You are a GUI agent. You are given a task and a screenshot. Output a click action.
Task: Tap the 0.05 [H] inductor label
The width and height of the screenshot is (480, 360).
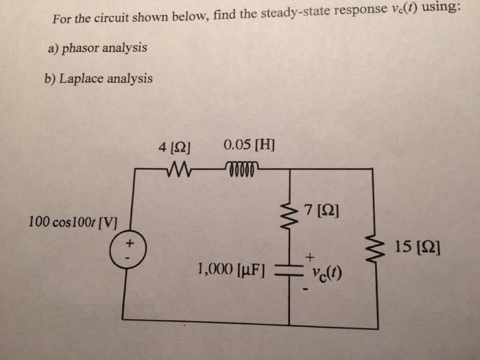(249, 145)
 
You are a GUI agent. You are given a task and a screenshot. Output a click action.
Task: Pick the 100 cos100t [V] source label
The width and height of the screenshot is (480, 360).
(73, 222)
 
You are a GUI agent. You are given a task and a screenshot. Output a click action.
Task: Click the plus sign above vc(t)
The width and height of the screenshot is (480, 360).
(310, 256)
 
